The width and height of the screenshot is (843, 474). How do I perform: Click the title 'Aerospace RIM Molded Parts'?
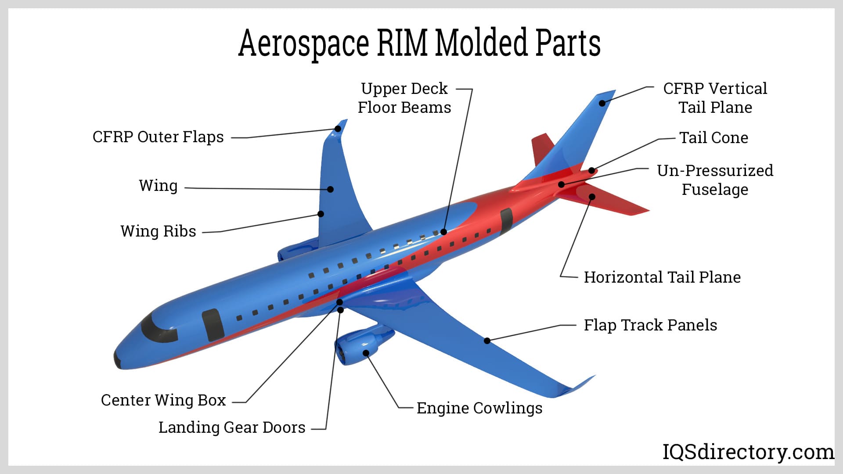[419, 43]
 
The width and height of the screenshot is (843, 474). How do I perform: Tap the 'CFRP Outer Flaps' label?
[158, 137]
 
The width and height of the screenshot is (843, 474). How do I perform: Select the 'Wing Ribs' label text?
[158, 231]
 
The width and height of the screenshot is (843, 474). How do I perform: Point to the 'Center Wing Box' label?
[163, 400]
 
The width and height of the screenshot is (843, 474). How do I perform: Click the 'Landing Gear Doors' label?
[232, 427]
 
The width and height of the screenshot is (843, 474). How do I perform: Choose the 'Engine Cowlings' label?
[479, 408]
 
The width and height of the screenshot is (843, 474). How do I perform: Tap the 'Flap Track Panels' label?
[650, 325]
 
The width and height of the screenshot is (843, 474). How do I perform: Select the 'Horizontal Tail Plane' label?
[662, 277]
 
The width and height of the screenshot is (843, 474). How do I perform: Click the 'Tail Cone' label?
[713, 138]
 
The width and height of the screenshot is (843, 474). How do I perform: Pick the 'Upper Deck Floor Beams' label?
[404, 98]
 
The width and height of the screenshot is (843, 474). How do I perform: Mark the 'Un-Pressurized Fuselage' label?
[715, 180]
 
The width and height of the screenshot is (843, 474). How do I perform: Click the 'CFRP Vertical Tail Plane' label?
[715, 98]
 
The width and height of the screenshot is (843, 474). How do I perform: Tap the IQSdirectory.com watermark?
[748, 452]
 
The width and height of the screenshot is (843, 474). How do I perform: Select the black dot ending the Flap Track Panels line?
[487, 341]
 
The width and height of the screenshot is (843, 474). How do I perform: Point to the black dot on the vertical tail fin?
[602, 104]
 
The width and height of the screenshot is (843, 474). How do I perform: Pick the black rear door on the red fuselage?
[506, 221]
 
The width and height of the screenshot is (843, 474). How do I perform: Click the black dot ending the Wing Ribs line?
[321, 214]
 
